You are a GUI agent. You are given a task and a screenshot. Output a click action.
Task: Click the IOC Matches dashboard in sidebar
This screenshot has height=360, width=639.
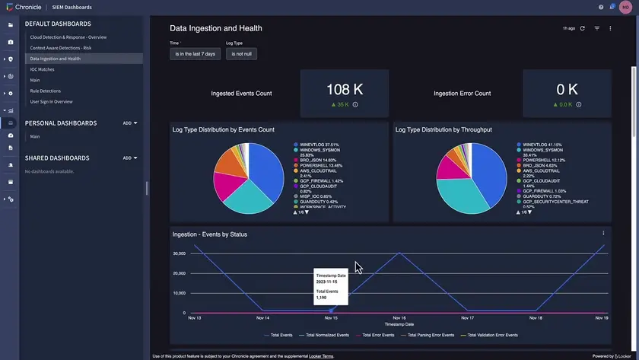(x=42, y=69)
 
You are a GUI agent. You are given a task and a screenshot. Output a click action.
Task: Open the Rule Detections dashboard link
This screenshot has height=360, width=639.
(x=45, y=91)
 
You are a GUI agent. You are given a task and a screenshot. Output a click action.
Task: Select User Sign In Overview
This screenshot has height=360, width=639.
(x=51, y=101)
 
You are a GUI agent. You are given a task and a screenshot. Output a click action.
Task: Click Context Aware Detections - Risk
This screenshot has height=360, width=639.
(x=60, y=48)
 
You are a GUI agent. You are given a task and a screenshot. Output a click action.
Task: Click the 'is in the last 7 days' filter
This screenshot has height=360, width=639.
(x=195, y=54)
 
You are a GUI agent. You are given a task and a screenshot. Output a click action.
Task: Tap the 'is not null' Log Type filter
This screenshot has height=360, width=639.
(x=241, y=54)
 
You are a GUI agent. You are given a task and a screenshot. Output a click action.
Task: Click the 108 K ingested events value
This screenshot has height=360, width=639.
(x=344, y=89)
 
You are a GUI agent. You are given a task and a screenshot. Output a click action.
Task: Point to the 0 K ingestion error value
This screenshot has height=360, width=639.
(x=567, y=89)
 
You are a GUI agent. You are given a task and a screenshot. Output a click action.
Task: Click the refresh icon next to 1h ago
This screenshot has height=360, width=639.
(x=583, y=28)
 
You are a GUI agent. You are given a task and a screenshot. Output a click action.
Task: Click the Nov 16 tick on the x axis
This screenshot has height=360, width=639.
(x=398, y=318)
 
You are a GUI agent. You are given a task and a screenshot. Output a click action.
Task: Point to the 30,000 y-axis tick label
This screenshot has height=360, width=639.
(x=179, y=253)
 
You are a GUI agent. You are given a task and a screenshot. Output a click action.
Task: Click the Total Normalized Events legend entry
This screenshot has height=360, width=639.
(x=326, y=335)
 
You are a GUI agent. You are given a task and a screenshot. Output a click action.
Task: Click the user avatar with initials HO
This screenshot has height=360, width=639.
(x=625, y=7)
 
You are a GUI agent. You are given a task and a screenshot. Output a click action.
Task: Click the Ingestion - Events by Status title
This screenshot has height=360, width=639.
(x=209, y=234)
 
